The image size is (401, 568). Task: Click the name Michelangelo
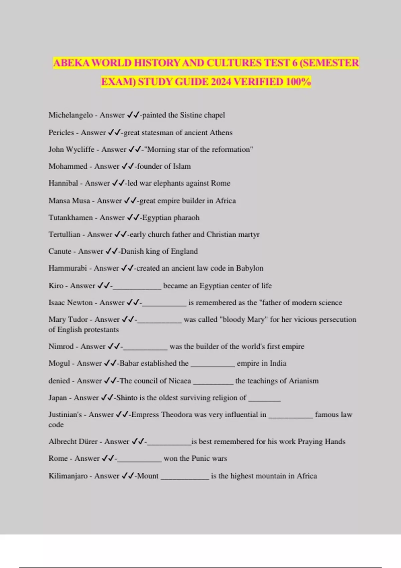tap(71, 115)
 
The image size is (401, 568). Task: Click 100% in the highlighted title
tap(298, 82)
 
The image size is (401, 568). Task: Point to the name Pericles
tap(61, 132)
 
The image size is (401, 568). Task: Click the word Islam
tap(181, 166)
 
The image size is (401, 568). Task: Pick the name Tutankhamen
tap(71, 218)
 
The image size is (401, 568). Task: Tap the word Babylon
tap(250, 268)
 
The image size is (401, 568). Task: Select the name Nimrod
tap(61, 346)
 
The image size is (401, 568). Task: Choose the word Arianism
tap(303, 381)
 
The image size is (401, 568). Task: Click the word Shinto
tap(127, 398)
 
